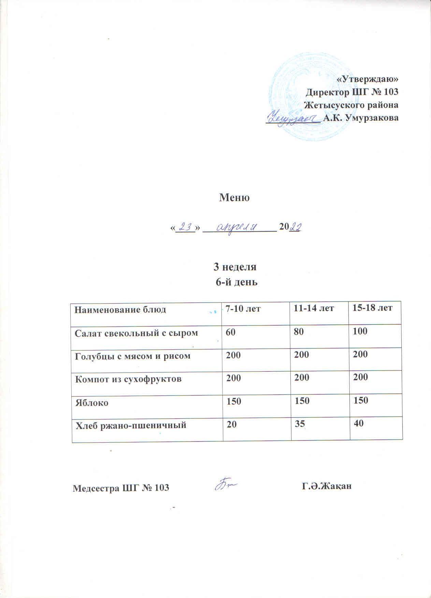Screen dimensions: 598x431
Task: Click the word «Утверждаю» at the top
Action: coord(368,79)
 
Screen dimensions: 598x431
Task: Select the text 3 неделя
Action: coord(234,267)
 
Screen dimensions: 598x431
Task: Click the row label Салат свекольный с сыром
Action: coord(136,333)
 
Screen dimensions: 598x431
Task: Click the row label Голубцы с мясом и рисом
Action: coord(132,356)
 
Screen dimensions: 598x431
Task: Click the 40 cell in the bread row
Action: coord(359,423)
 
